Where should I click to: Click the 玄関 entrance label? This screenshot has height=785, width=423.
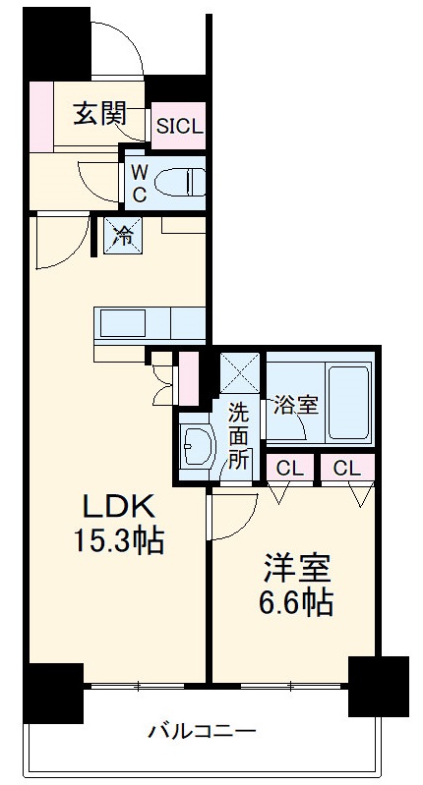(99, 114)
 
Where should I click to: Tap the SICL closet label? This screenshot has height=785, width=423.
(178, 126)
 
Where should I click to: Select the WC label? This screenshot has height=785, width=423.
(140, 183)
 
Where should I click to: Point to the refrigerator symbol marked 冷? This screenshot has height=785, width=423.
(122, 236)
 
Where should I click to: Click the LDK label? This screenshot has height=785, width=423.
(116, 509)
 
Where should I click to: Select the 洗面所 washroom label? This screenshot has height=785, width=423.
(239, 433)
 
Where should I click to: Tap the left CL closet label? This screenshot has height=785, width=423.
(288, 469)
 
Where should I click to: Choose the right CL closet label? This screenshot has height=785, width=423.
(346, 469)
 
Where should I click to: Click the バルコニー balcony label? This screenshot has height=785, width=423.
(203, 731)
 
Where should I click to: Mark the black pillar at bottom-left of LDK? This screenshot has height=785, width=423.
(53, 692)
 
